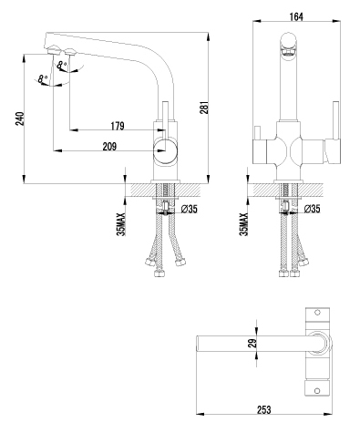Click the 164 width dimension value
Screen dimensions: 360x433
click(296, 16)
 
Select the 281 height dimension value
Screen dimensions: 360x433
click(206, 108)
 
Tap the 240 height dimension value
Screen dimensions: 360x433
click(19, 119)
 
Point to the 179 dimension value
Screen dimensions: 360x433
click(118, 126)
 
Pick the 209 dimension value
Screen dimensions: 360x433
click(109, 147)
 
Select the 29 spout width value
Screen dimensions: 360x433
click(253, 343)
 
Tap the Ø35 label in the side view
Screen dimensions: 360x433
click(189, 209)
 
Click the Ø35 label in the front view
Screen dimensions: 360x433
click(312, 209)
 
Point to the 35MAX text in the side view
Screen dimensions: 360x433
click(121, 224)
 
